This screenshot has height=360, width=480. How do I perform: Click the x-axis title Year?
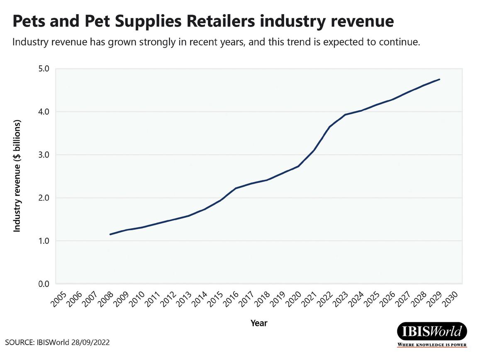coord(259,323)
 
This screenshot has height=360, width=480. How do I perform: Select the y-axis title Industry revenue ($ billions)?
coord(17,176)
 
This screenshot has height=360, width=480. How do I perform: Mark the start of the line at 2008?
coord(110,234)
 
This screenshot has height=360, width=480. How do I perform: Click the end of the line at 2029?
coord(440,79)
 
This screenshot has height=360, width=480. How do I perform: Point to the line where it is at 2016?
coord(236,188)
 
